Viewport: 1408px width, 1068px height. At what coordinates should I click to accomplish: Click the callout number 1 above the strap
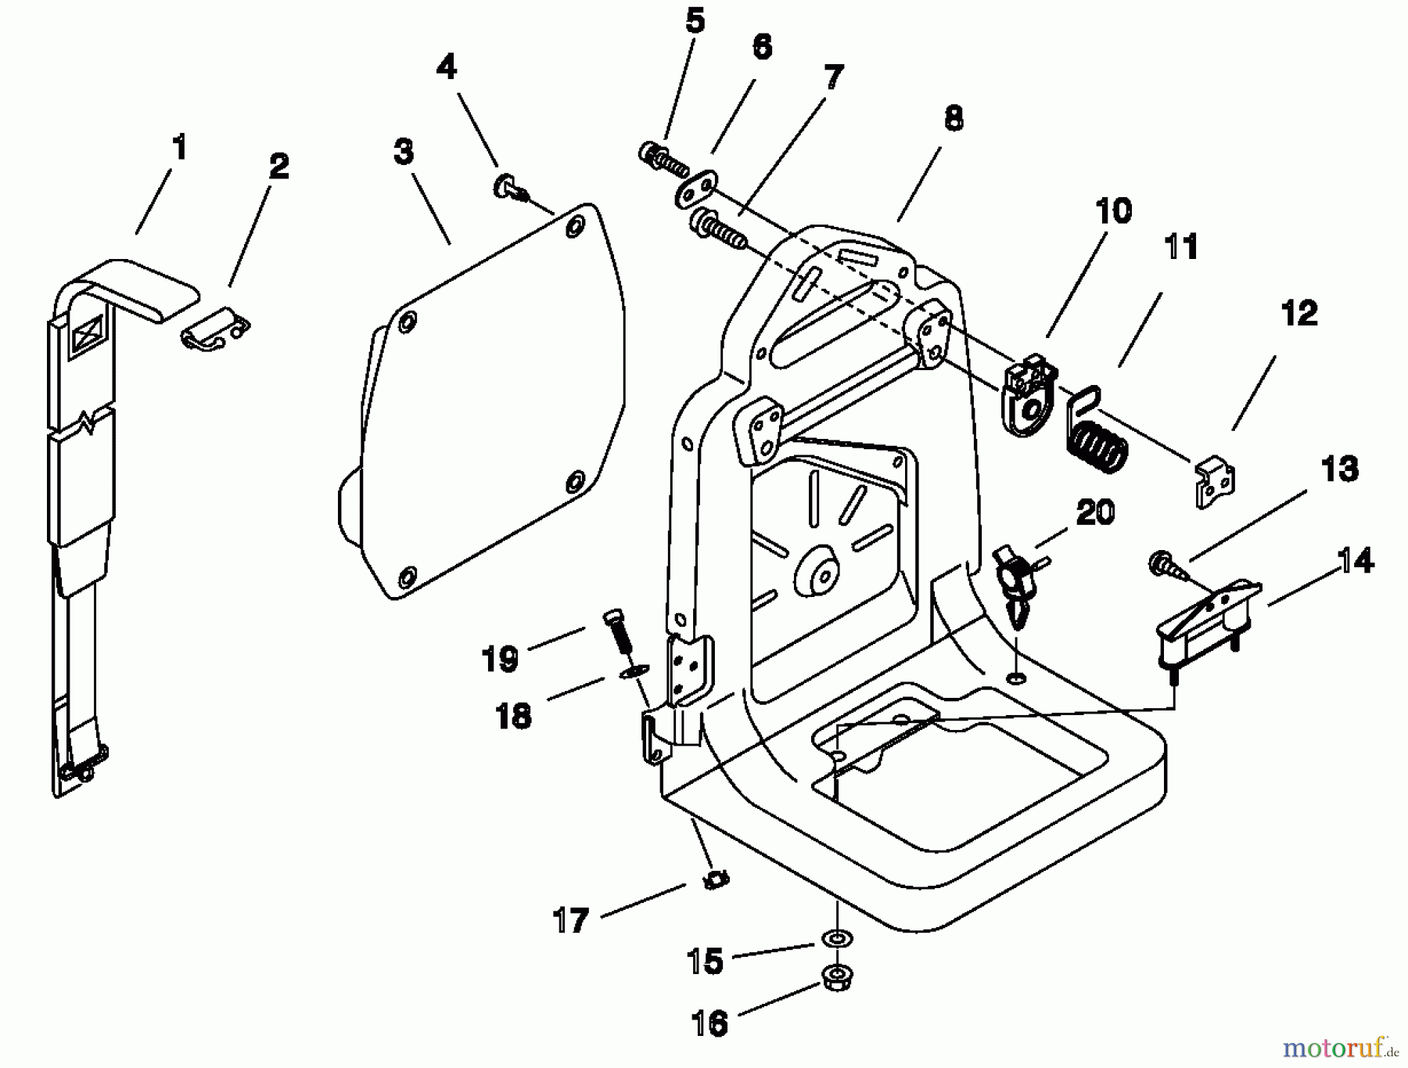point(180,147)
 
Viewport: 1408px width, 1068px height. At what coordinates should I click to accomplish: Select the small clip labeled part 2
point(214,328)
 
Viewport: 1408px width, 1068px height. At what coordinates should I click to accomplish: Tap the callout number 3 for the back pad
point(403,152)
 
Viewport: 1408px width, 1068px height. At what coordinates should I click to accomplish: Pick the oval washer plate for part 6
point(696,190)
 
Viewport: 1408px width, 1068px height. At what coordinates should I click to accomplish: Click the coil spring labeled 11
point(1097,442)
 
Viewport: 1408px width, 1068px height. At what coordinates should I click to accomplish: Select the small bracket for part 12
point(1214,483)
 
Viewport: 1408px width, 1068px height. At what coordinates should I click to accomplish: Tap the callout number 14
point(1355,560)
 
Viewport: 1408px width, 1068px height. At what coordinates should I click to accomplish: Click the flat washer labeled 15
point(837,937)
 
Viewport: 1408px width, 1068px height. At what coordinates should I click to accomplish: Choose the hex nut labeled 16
point(837,977)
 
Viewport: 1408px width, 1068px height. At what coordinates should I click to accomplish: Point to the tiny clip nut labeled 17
point(715,880)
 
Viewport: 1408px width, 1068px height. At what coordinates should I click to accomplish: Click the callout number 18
point(514,716)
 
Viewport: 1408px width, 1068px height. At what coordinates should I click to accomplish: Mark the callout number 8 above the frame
point(953,119)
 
